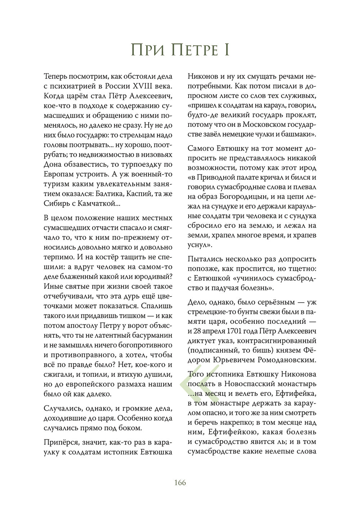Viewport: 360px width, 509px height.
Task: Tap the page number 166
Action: point(180,482)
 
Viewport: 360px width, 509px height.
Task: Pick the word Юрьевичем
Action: point(238,360)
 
